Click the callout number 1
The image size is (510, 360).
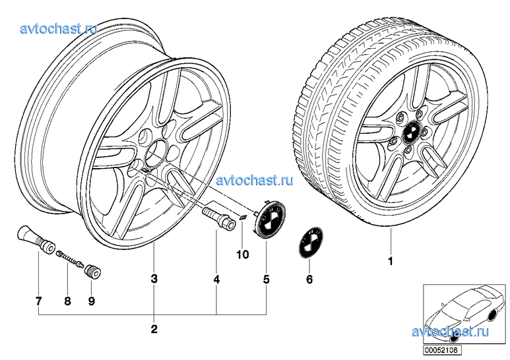tap(390, 260)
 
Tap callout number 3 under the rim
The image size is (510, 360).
tap(154, 279)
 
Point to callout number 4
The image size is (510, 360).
tap(216, 279)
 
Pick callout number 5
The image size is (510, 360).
tap(267, 279)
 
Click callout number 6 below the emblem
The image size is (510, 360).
tap(309, 279)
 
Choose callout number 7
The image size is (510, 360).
tap(38, 301)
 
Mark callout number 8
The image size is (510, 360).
tap(67, 301)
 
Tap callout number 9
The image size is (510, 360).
tap(91, 301)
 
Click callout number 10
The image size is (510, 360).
tap(242, 253)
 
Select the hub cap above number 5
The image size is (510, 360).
tap(267, 217)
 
